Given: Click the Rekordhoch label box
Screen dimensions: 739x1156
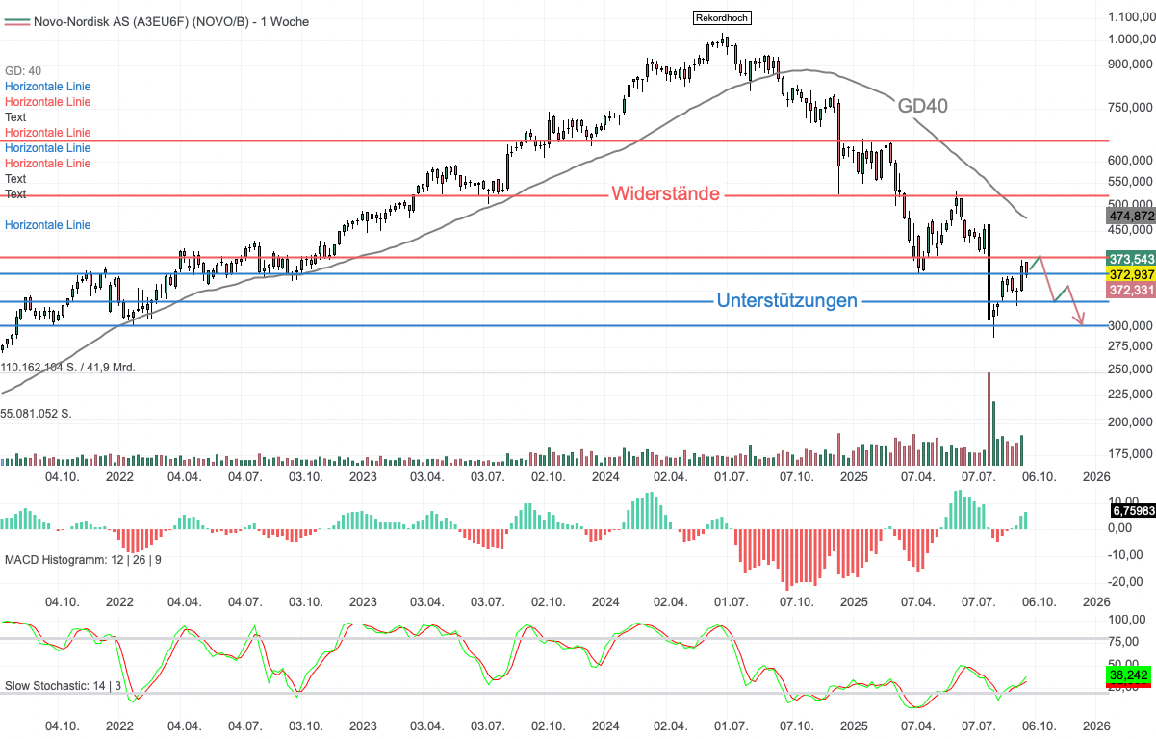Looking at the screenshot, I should [721, 17].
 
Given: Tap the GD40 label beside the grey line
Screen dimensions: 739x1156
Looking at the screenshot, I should [923, 106].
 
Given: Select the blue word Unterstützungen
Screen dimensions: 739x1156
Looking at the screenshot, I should [786, 300].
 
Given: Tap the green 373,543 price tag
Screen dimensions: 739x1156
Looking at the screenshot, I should [1132, 259].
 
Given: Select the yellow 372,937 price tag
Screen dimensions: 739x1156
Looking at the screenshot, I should [1132, 274].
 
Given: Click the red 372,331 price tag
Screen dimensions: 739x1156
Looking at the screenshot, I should [1132, 290].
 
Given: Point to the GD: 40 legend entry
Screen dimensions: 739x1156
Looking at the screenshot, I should [23, 71].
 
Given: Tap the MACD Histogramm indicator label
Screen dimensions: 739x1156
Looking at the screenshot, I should [83, 559].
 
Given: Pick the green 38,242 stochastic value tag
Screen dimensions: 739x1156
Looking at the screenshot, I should [1128, 675].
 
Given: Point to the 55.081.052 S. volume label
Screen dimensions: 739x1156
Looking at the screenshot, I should [37, 413].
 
